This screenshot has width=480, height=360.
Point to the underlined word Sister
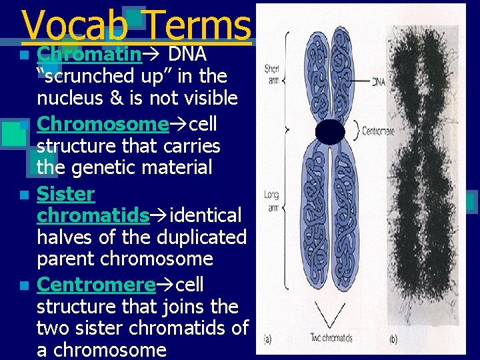[66, 194]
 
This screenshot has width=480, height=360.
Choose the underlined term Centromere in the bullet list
[96, 285]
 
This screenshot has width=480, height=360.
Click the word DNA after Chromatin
[187, 54]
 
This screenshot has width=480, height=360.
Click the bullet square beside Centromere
[24, 286]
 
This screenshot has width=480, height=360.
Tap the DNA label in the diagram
[378, 81]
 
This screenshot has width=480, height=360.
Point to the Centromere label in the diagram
[378, 131]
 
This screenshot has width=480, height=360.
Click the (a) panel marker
[268, 339]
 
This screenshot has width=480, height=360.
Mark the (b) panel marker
[393, 339]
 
